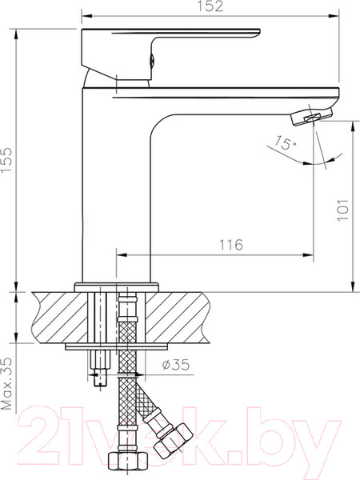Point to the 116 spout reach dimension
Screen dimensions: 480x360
pyautogui.click(x=230, y=244)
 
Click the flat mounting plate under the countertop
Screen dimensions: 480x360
pyautogui.click(x=116, y=346)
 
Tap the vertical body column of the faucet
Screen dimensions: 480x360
pyautogui.click(x=116, y=184)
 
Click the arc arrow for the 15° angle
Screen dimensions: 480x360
pyautogui.click(x=288, y=156)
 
